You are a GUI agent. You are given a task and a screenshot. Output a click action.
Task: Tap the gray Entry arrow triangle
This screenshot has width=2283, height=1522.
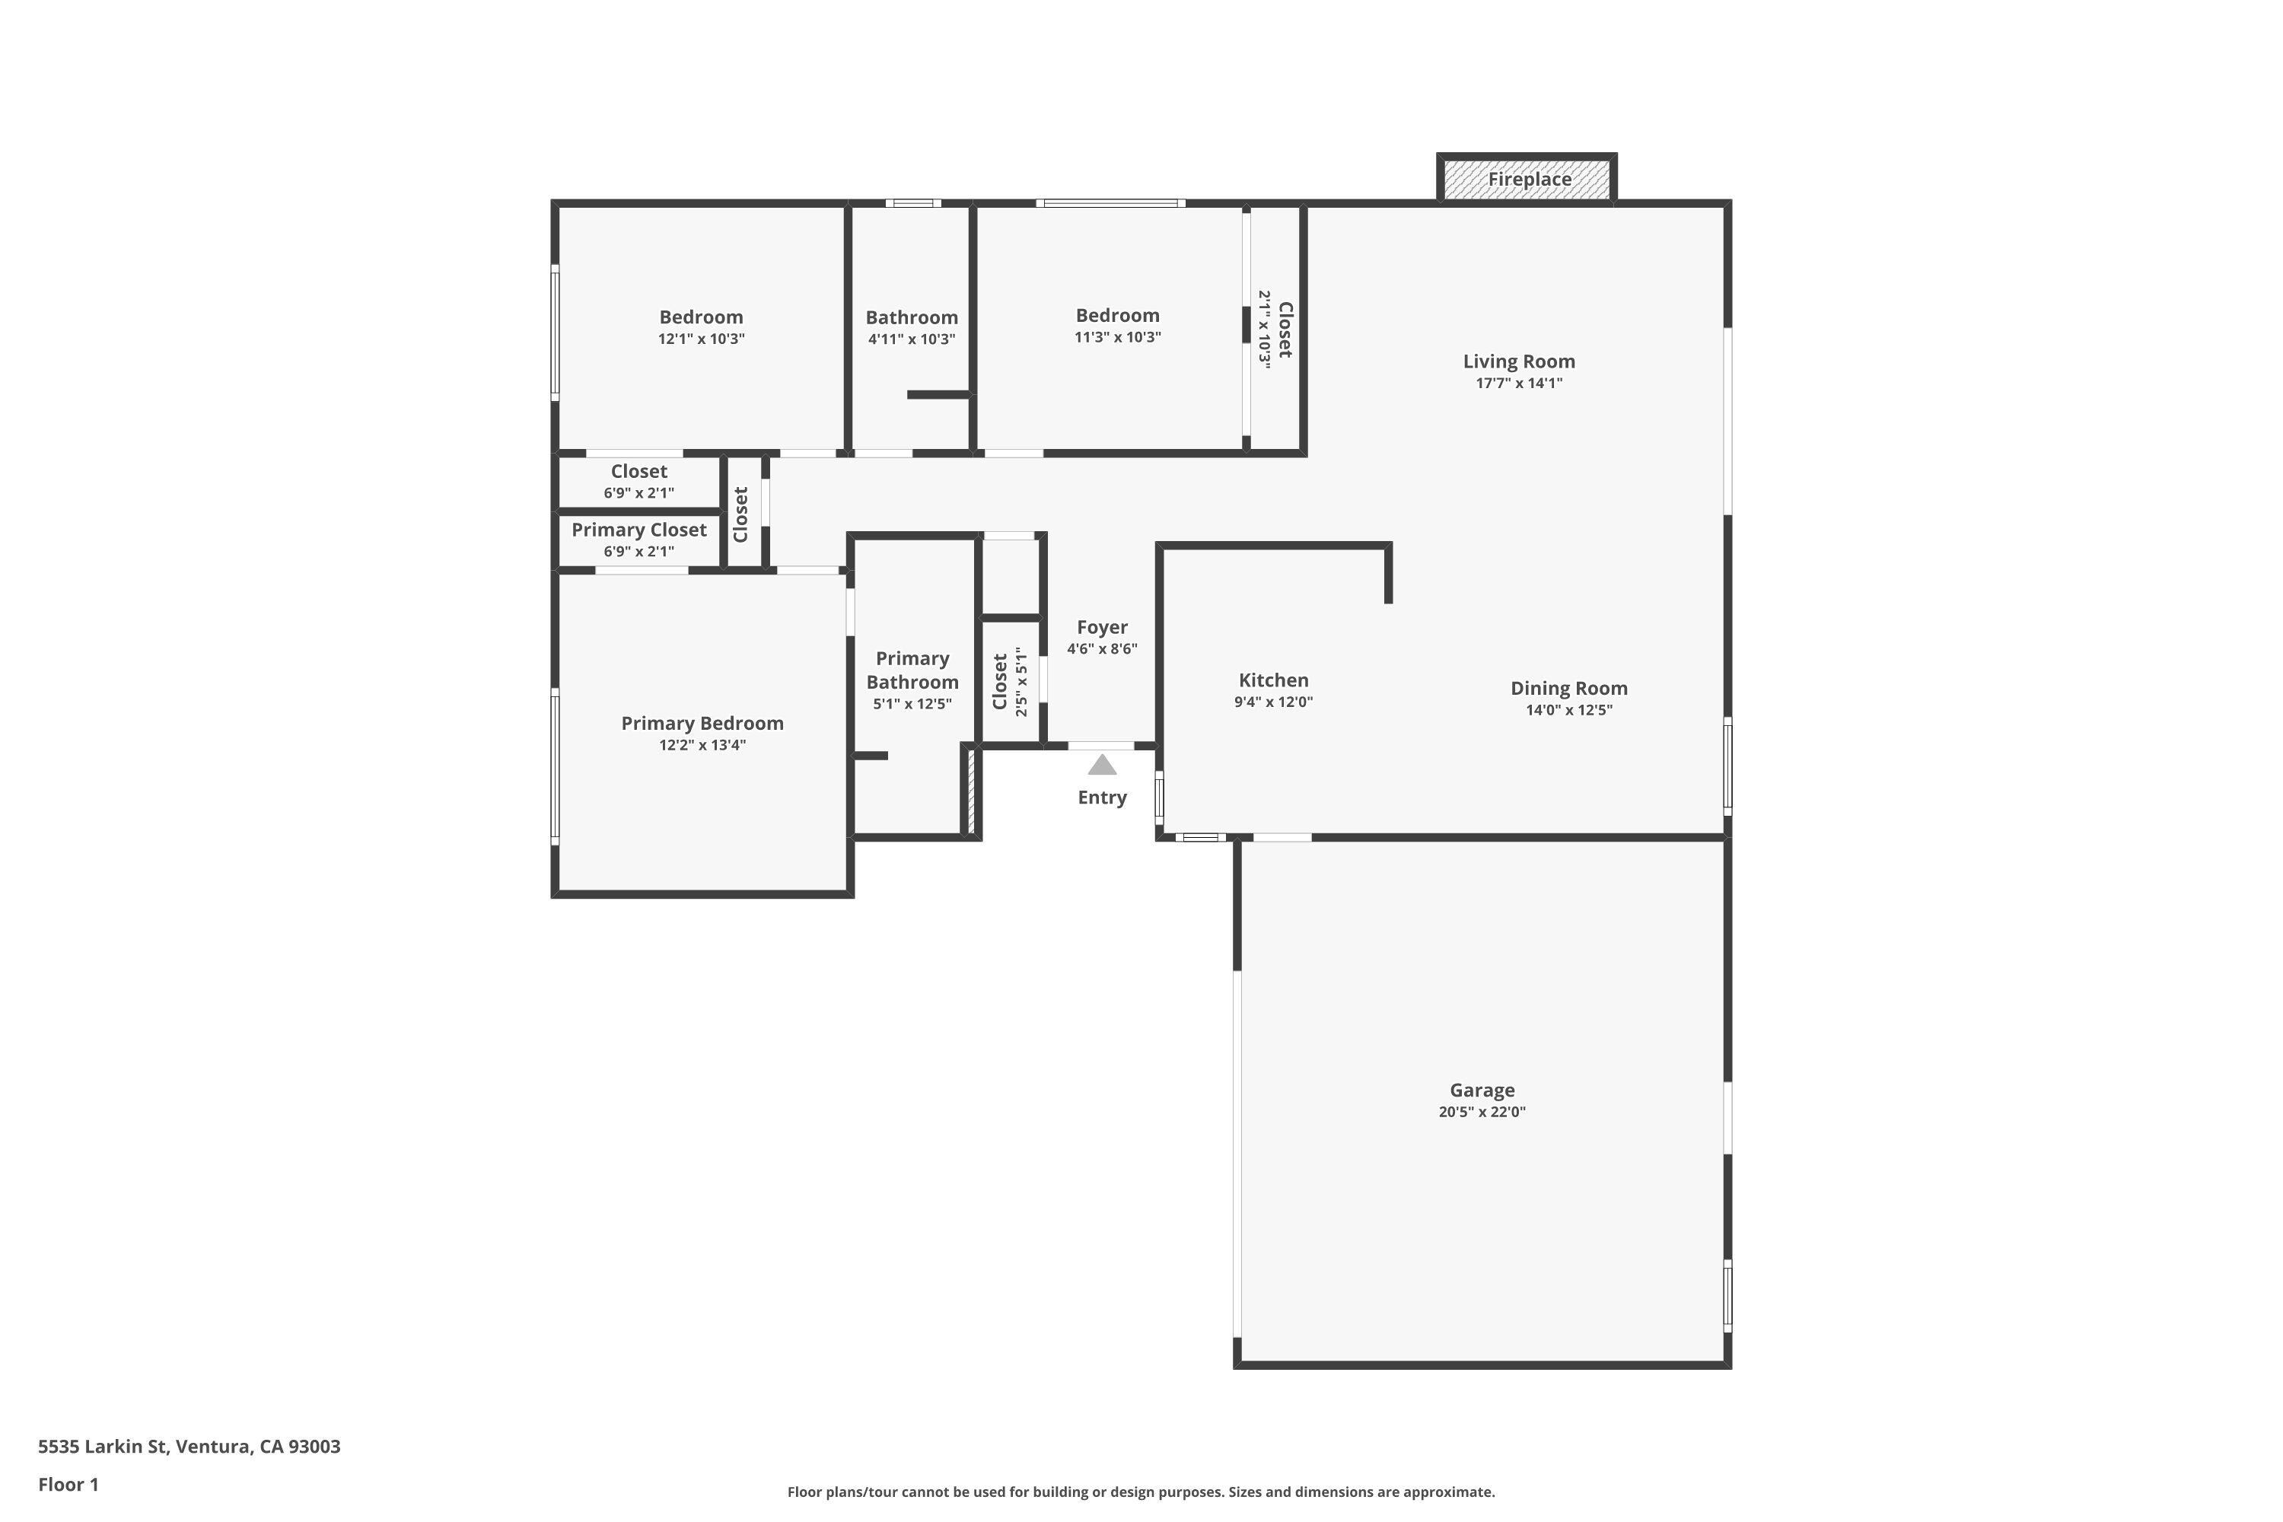tap(1102, 766)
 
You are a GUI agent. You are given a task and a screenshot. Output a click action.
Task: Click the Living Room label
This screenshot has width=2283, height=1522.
tap(1518, 361)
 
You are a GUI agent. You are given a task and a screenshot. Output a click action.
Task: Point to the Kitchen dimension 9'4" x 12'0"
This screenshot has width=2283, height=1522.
tap(1272, 702)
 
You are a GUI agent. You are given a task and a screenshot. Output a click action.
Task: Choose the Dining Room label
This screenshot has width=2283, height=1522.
tap(1568, 688)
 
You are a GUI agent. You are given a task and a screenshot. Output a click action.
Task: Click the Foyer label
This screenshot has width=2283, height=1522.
tap(1102, 627)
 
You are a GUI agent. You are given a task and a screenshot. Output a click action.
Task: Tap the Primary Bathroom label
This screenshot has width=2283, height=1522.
tap(912, 670)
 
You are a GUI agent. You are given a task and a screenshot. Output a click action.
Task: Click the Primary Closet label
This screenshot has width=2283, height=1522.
tap(638, 530)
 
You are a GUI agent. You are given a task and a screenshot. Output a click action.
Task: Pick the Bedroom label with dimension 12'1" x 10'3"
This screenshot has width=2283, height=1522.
tap(701, 317)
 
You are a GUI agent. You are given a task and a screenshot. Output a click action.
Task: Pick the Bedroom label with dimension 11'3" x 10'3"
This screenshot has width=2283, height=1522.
tap(1116, 316)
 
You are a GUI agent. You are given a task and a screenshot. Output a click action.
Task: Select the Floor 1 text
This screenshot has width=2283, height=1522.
tap(68, 1484)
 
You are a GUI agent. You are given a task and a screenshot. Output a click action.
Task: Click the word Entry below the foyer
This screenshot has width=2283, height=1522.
tap(1102, 798)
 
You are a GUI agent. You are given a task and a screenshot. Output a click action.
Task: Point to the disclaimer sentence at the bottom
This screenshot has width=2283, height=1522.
tap(1141, 1492)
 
